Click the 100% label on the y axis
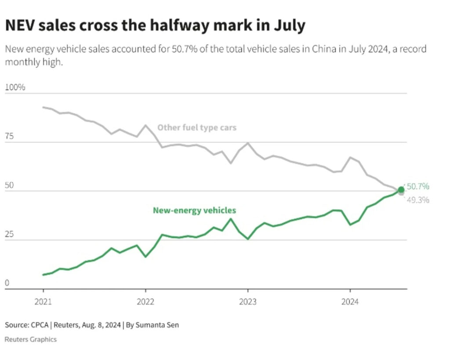point(15,87)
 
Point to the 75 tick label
point(9,136)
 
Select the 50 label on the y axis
point(9,185)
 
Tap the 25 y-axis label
point(9,235)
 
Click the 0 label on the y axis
point(7,284)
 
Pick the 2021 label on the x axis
point(43,302)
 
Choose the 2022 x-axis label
point(145,302)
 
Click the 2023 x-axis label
point(247,302)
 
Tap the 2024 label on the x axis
point(350,302)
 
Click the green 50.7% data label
point(417,186)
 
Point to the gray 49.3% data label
point(417,200)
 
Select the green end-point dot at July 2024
point(401,189)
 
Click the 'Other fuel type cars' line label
point(197,127)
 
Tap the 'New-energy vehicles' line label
point(194,210)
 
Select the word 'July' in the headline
point(289,25)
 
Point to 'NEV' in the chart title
point(20,25)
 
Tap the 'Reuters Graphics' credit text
point(31,339)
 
